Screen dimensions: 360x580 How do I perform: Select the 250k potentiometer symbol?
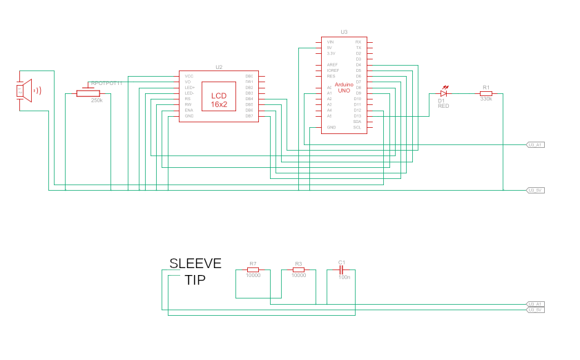tap(88, 93)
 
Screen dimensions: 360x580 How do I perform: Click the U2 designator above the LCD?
tap(219, 67)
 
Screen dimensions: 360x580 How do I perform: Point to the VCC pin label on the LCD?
tap(188, 76)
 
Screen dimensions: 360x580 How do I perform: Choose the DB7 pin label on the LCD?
tap(249, 116)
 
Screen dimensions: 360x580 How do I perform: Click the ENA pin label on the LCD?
tap(188, 111)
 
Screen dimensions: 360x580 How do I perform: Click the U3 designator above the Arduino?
tap(344, 32)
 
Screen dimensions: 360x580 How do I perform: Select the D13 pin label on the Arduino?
tap(358, 116)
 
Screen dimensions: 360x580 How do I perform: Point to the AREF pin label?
tap(332, 65)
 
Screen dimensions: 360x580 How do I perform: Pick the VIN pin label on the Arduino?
tap(331, 42)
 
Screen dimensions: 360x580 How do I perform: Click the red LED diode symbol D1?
tap(443, 93)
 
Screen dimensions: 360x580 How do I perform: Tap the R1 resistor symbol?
tap(486, 93)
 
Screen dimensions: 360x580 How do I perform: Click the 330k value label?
tap(486, 100)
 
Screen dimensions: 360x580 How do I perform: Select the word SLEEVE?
tap(195, 263)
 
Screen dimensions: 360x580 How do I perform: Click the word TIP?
tap(195, 280)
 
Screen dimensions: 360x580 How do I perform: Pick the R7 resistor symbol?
tap(253, 269)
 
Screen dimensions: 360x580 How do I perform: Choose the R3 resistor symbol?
tap(298, 269)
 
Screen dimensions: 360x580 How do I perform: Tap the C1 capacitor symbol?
tap(341, 269)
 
